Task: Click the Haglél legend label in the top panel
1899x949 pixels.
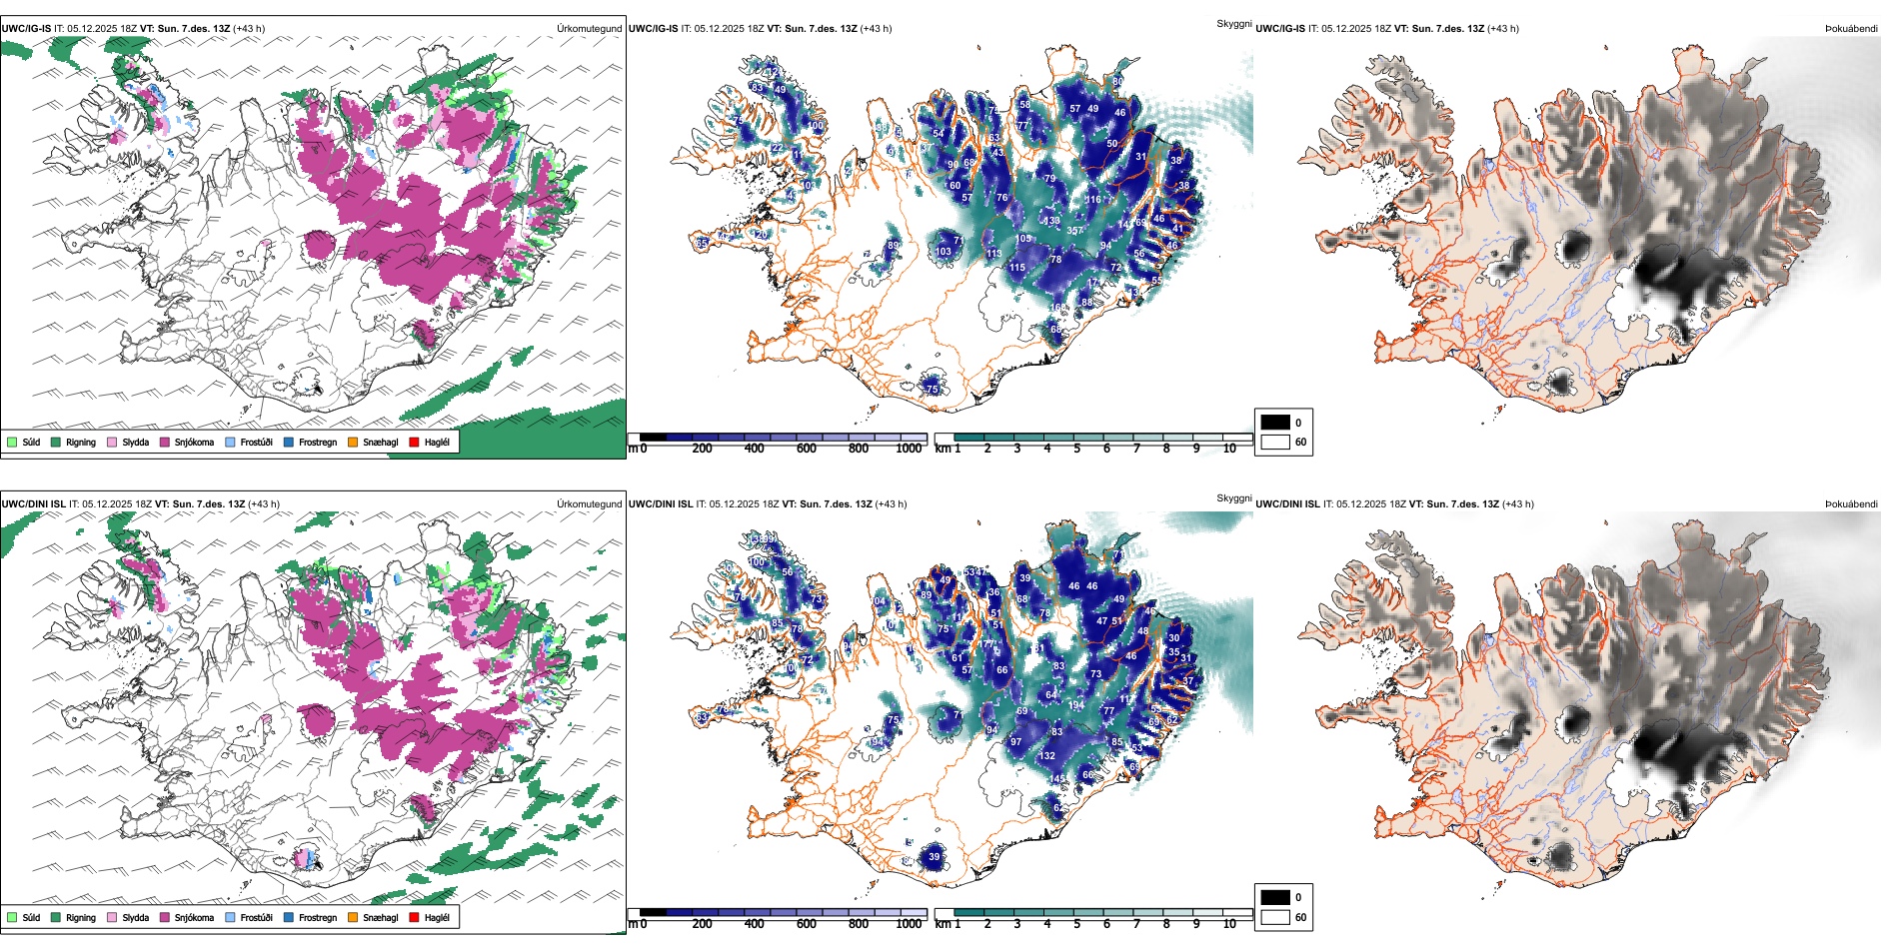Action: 437,442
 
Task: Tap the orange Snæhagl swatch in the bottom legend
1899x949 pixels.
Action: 353,917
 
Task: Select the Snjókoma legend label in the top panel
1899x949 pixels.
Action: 194,442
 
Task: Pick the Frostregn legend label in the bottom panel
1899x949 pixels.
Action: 318,917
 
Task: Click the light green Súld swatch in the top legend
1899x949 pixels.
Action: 12,442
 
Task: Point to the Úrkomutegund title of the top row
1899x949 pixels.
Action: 589,29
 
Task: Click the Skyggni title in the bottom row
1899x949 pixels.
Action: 1233,497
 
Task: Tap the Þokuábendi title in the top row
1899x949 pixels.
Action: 1851,29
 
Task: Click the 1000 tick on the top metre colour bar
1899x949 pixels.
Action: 909,449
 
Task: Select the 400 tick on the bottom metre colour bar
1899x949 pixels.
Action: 754,924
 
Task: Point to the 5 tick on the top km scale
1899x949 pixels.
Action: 1076,449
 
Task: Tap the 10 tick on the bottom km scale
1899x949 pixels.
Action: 1229,924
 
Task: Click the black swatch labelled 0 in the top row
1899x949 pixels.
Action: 1275,423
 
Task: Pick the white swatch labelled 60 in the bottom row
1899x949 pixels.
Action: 1275,917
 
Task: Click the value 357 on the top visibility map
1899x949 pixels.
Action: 1075,231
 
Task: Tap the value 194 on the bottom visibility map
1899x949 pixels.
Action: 1075,705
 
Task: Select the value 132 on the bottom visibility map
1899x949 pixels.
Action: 1046,756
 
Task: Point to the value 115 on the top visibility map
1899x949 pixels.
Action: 1016,268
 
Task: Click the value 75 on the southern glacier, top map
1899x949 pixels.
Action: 932,389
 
